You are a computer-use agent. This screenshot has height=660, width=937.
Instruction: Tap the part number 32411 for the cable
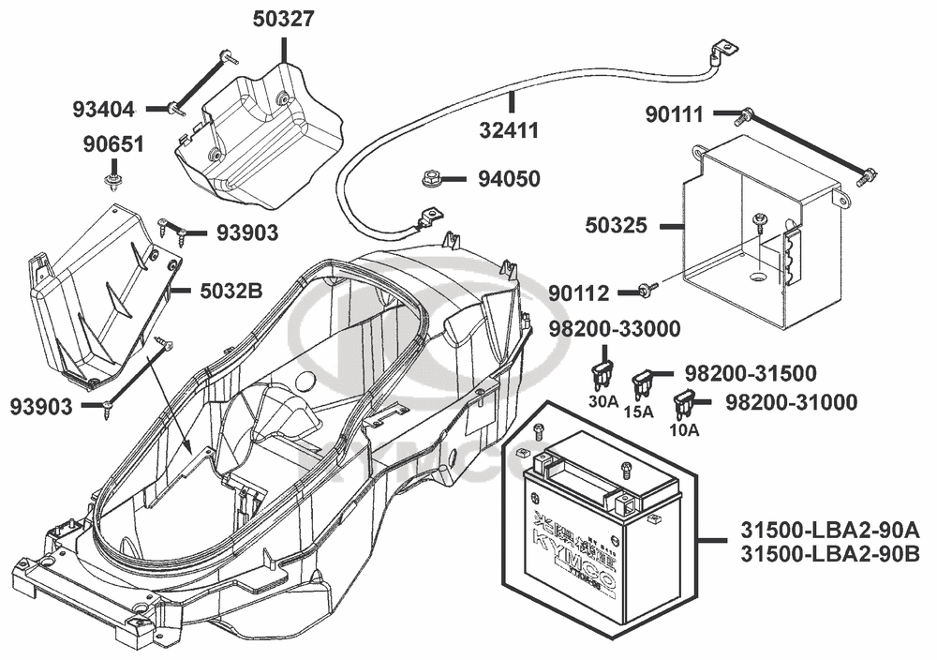[x=512, y=129]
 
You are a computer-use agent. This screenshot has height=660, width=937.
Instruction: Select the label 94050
[x=509, y=178]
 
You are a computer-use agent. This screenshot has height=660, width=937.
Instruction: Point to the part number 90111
[x=676, y=114]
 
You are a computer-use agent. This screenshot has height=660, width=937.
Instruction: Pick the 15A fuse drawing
[x=644, y=382]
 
